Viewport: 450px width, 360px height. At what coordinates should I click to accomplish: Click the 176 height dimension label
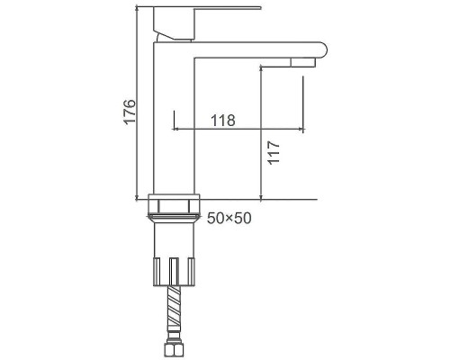click(x=130, y=111)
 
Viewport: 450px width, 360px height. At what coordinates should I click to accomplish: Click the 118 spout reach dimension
click(x=223, y=121)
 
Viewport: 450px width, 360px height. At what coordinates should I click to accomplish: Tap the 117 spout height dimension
click(x=274, y=152)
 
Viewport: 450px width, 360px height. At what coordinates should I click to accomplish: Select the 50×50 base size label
click(x=229, y=218)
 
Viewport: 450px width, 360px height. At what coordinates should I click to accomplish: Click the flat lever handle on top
click(x=207, y=8)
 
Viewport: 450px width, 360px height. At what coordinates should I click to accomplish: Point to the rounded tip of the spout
click(x=323, y=50)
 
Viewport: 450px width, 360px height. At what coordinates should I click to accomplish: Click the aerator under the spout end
click(x=303, y=62)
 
